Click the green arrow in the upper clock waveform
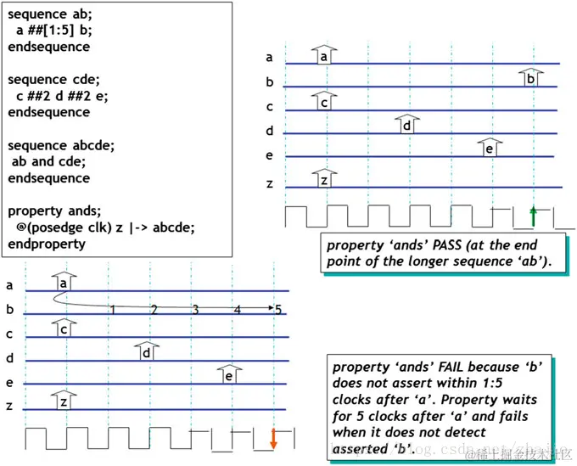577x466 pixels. tap(532, 216)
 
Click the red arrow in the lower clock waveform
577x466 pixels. tap(273, 438)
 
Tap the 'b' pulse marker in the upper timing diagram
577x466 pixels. tap(530, 77)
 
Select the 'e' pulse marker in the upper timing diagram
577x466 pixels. tap(489, 148)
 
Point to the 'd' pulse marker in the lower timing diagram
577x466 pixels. tap(147, 351)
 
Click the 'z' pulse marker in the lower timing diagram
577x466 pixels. tap(63, 401)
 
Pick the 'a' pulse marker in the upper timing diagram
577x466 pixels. tap(324, 55)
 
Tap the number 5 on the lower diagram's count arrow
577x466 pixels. tap(277, 309)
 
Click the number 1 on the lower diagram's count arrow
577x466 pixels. tap(112, 309)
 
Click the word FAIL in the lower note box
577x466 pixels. tap(422, 368)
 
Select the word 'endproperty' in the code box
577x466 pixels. tap(47, 244)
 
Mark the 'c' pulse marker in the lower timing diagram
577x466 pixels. tap(63, 328)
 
